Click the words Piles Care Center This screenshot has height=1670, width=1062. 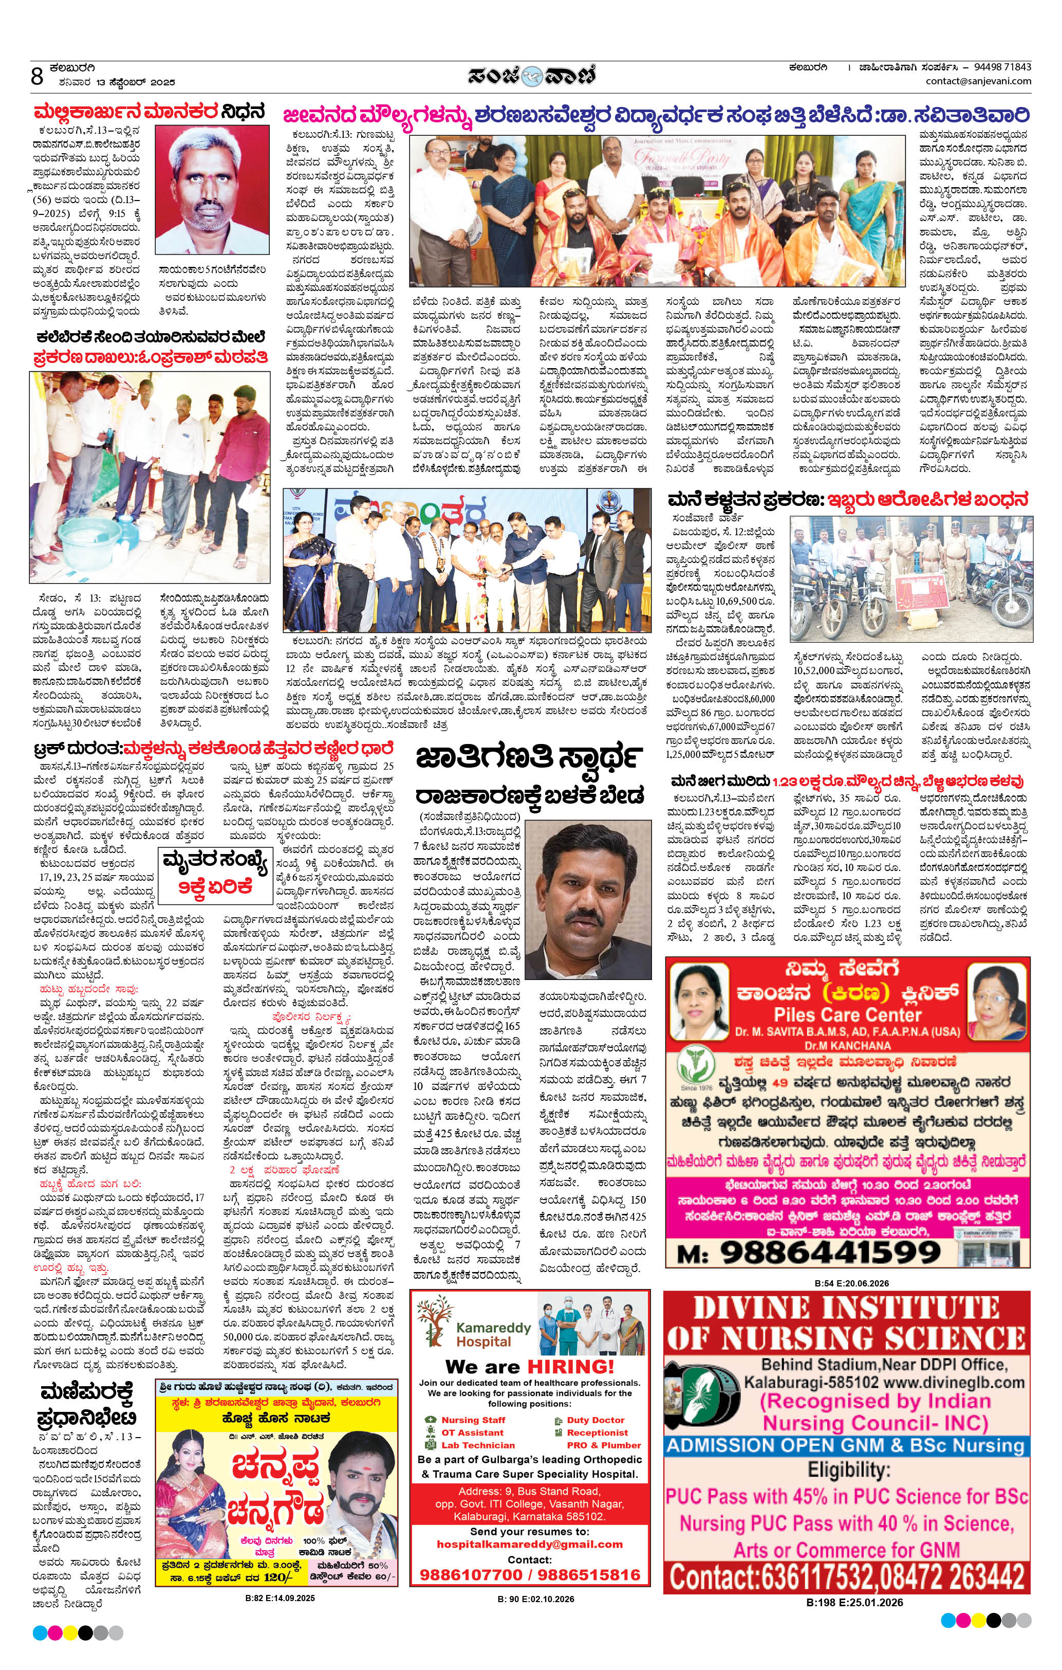pos(847,1014)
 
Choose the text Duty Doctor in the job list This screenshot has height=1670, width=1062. pos(595,1420)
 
